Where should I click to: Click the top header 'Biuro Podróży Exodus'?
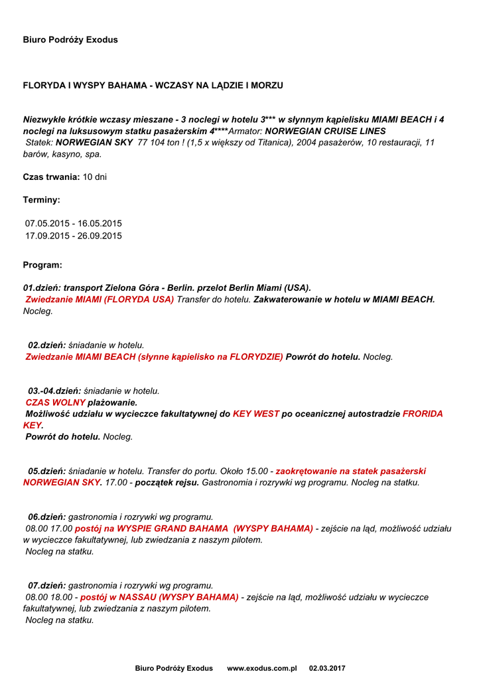point(70,40)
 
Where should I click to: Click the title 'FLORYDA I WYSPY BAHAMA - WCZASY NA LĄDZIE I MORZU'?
point(153,86)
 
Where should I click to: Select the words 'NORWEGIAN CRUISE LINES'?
point(325,131)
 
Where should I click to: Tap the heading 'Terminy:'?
point(42,199)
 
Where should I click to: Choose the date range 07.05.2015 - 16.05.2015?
point(74,223)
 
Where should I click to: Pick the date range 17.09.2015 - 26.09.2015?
point(74,236)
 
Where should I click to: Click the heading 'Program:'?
point(42,265)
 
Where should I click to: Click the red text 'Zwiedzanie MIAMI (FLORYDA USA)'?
point(100,299)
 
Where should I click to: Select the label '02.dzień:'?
point(46,345)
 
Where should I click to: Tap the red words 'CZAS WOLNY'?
point(56,402)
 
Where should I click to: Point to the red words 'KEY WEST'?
point(256,414)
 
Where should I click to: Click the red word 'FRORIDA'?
point(423,414)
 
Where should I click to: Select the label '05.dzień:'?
point(46,471)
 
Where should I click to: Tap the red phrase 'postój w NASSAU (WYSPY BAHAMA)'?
point(159,597)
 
